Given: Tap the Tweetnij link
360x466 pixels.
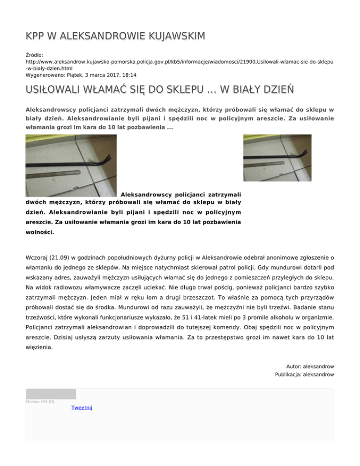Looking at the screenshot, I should [x=82, y=408].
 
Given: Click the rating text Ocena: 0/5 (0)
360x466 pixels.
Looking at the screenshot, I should [x=40, y=402].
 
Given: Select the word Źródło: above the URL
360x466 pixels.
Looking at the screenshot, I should [x=35, y=55].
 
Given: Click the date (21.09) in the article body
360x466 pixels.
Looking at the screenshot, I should [x=58, y=257].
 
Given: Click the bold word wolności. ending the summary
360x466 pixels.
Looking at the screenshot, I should [x=40, y=232].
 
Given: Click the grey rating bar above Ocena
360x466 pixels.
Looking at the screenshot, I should [x=51, y=394].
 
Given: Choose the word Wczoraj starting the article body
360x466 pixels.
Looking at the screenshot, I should [x=36, y=257].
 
